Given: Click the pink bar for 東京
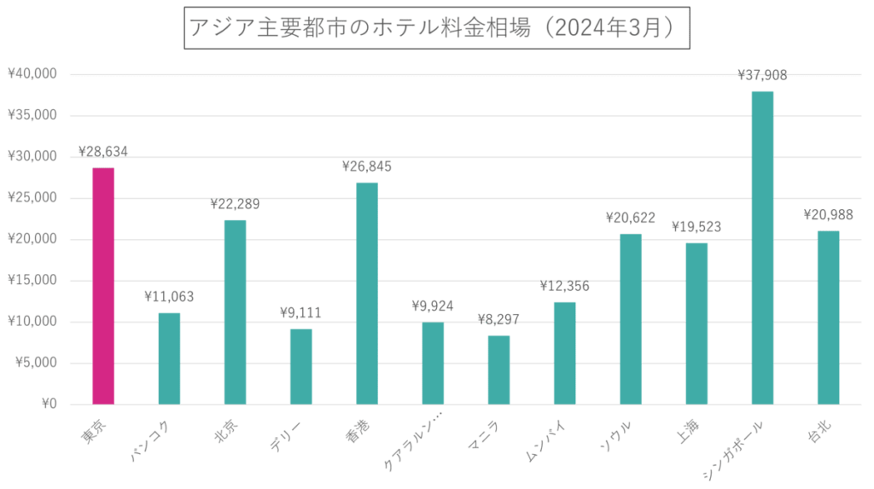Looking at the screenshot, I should click(x=103, y=286).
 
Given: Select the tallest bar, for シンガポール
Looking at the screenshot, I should click(x=762, y=247).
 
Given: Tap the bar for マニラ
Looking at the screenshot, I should click(x=498, y=370).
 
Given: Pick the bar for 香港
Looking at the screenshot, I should click(x=367, y=293).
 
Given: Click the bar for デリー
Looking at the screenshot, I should click(x=300, y=366).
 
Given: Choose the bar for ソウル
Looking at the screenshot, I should click(x=631, y=318).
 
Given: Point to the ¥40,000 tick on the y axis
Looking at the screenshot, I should click(x=32, y=74).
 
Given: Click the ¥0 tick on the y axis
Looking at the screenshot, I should click(x=49, y=405).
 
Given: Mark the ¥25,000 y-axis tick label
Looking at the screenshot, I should click(x=32, y=198).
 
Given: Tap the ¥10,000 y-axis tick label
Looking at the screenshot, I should click(x=32, y=322).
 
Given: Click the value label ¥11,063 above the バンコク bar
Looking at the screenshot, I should click(x=169, y=297).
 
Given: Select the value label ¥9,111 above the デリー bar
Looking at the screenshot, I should click(x=300, y=313).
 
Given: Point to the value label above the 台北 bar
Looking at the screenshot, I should click(x=828, y=215).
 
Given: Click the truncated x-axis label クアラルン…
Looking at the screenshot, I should click(x=415, y=441).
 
